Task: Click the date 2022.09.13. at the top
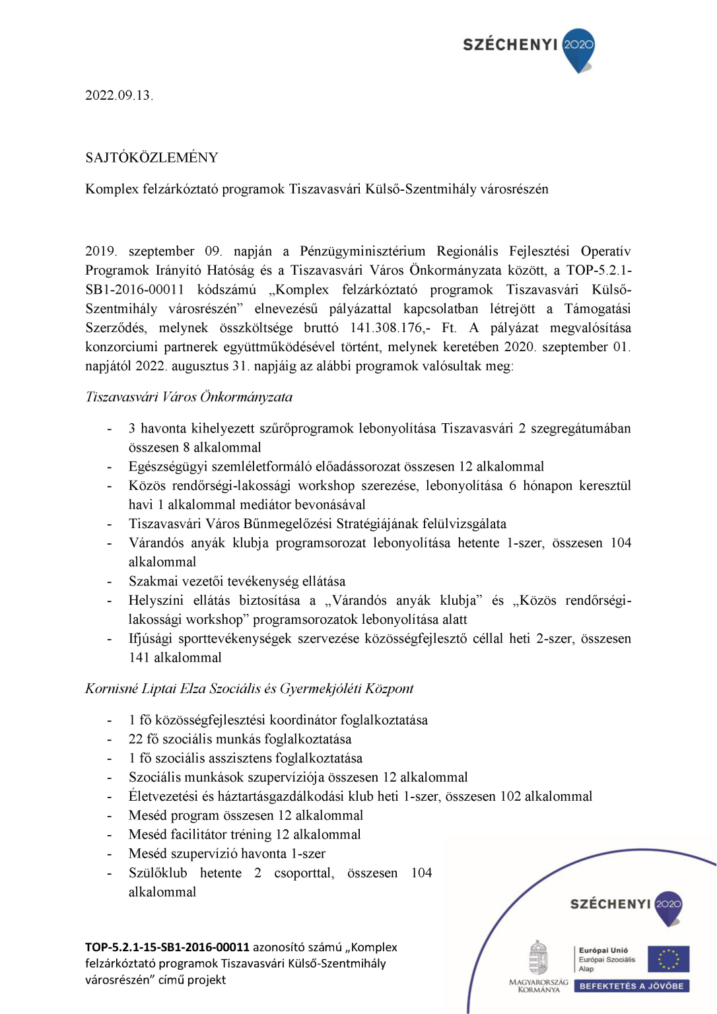(119, 95)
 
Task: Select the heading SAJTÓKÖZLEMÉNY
(152, 158)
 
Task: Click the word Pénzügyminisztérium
(362, 252)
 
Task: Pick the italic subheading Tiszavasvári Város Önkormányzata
(189, 397)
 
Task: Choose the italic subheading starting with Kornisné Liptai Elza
(249, 689)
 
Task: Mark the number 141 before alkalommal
(139, 658)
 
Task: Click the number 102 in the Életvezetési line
(510, 797)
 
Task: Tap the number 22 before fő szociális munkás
(135, 739)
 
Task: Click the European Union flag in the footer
(668, 959)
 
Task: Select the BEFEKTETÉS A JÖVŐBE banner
(632, 986)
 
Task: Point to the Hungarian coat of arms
(539, 958)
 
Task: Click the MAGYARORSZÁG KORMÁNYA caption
(539, 986)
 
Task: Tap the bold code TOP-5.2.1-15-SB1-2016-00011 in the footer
(167, 947)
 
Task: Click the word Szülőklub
(158, 873)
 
